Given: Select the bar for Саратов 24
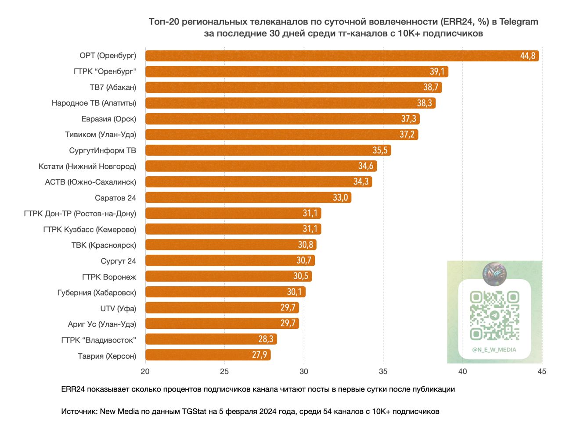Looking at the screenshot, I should (x=248, y=198).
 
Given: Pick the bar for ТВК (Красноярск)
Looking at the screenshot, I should (x=231, y=245).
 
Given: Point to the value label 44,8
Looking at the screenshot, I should (x=527, y=56).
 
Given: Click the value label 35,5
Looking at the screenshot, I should (x=380, y=150).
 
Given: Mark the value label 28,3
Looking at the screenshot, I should (x=266, y=339).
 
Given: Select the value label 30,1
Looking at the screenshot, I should (x=294, y=292).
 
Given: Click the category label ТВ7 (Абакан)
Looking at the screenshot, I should (x=113, y=87).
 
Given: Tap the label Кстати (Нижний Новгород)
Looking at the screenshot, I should (x=87, y=166).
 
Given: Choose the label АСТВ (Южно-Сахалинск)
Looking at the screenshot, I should (x=90, y=182).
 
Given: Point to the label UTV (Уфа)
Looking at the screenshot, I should (x=118, y=308).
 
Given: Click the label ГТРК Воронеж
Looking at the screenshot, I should (x=109, y=277).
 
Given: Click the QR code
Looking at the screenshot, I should (x=494, y=315).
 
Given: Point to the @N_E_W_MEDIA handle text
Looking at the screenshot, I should (x=494, y=349).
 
